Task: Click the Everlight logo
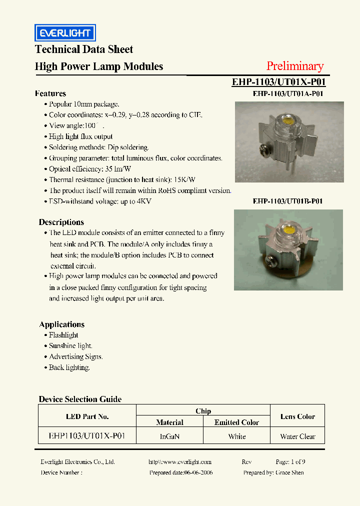tap(65, 33)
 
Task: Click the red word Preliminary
tap(295, 66)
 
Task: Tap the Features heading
tap(50, 93)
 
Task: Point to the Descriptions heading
tap(61, 222)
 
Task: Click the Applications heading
tap(62, 324)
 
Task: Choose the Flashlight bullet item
tap(63, 335)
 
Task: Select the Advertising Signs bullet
tap(76, 356)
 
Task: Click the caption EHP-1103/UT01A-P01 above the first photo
tap(287, 93)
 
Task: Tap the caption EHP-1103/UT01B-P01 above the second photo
tap(287, 201)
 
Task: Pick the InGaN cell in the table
tap(169, 436)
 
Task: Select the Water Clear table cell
tap(297, 436)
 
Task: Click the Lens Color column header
tap(297, 416)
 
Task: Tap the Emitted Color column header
tap(236, 422)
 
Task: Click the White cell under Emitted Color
tap(236, 436)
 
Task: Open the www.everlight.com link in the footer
tap(180, 462)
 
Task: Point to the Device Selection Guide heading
tap(80, 399)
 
